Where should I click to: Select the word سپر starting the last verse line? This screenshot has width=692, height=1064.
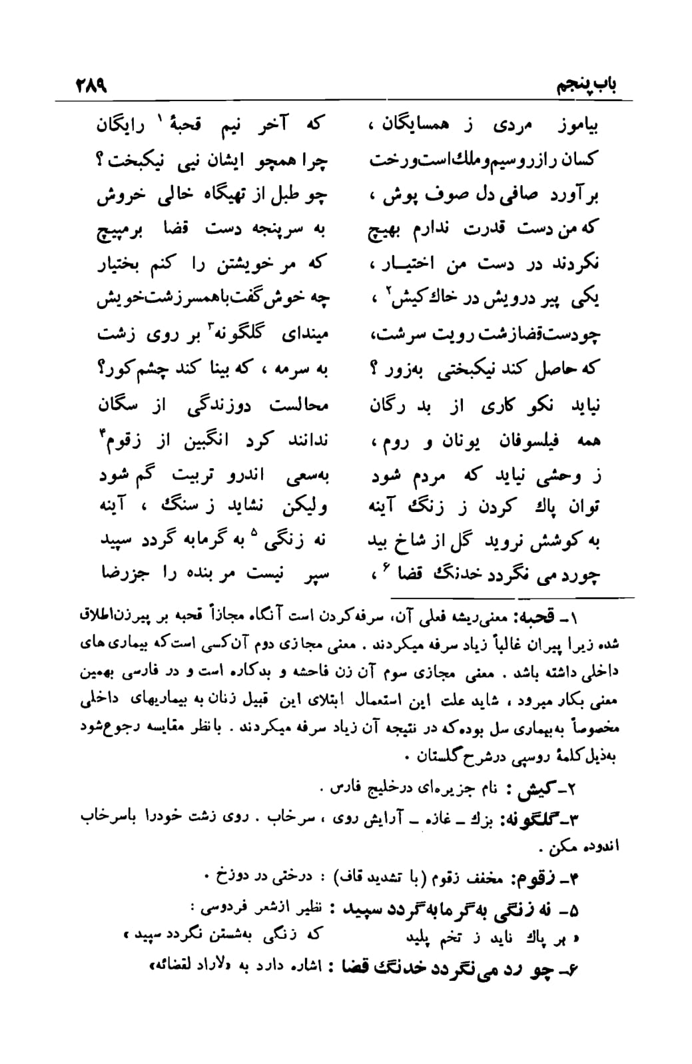[x=316, y=574]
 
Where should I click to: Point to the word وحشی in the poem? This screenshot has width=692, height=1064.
[x=559, y=477]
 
